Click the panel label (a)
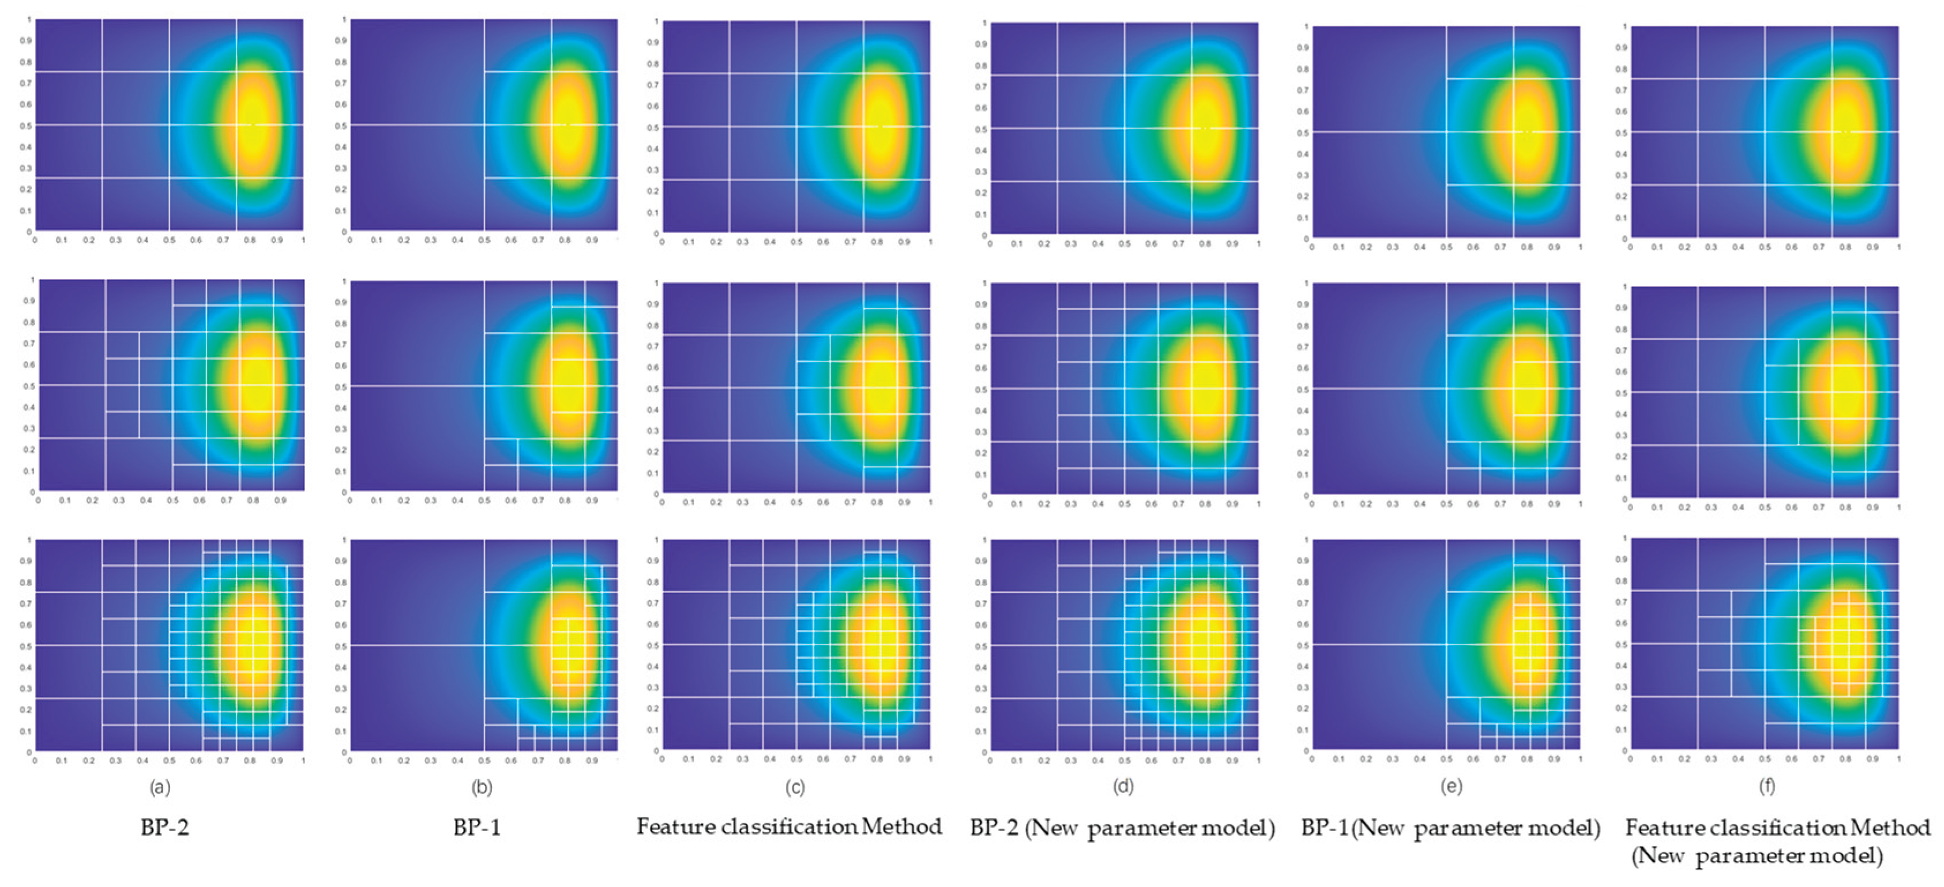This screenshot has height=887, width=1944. pos(160,787)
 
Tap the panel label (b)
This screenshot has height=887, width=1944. pos(482,787)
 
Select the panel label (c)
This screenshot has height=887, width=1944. pos(795,787)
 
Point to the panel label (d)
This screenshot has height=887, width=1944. pos(1123,786)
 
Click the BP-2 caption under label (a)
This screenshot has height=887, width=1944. pos(164,828)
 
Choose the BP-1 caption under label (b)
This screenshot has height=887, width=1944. pos(477,828)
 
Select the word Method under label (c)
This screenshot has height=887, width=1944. pos(902,826)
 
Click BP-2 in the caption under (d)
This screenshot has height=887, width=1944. pos(994,828)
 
